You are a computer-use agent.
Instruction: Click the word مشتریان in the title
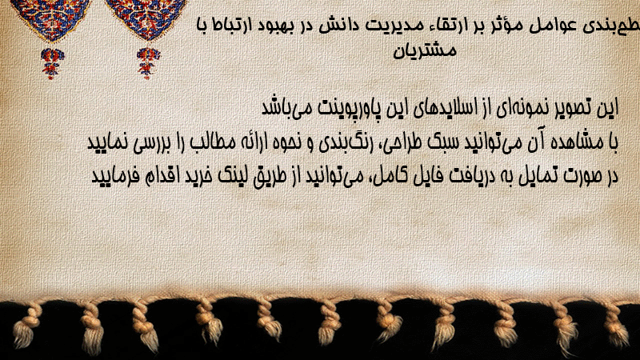tap(425, 50)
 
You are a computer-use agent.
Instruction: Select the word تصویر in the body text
tap(563, 108)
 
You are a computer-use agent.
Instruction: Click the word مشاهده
tap(570, 142)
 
